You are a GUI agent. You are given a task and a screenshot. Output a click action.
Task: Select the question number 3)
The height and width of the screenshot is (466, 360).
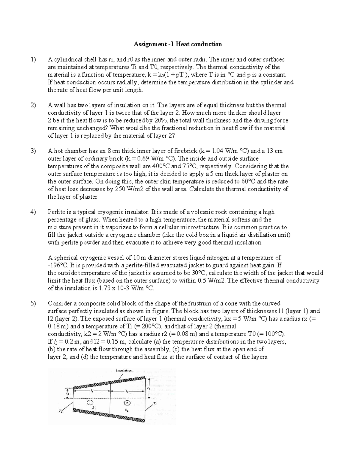pyautogui.click(x=33, y=151)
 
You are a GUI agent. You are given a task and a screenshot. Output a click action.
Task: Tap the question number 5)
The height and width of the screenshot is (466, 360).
pyautogui.click(x=33, y=303)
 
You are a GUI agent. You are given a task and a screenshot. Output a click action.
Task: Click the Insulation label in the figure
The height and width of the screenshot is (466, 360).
pyautogui.click(x=124, y=370)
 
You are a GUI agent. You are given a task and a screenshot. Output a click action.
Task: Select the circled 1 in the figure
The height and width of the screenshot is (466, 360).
pyautogui.click(x=91, y=402)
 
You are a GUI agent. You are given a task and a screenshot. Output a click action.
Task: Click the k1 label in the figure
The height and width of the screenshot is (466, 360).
pyautogui.click(x=94, y=408)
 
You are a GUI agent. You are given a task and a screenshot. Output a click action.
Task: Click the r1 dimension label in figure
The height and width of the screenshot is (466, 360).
pyautogui.click(x=148, y=388)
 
